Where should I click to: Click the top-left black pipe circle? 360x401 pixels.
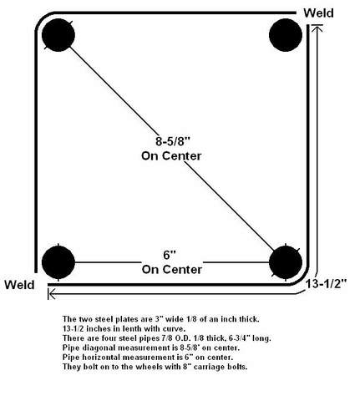tap(58, 35)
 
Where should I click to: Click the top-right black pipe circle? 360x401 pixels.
tap(286, 35)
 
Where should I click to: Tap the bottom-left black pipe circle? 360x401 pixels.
tap(58, 262)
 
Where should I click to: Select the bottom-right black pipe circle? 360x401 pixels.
tap(286, 262)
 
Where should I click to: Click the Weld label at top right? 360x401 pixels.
tap(318, 13)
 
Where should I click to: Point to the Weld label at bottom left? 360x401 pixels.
tap(19, 285)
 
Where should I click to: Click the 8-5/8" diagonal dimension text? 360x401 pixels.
tap(173, 141)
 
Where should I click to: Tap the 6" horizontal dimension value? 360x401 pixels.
tap(170, 255)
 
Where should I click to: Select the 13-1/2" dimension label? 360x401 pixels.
tap(327, 284)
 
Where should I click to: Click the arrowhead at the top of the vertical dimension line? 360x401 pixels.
tap(317, 28)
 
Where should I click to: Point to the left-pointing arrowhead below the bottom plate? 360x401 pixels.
tap(52, 294)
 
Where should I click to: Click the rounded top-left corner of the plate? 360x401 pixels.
tap(43, 19)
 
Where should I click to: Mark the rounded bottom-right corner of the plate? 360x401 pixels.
tap(302, 279)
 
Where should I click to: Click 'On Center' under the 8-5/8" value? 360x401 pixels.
tap(171, 156)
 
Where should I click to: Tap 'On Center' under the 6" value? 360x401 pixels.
tap(172, 270)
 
